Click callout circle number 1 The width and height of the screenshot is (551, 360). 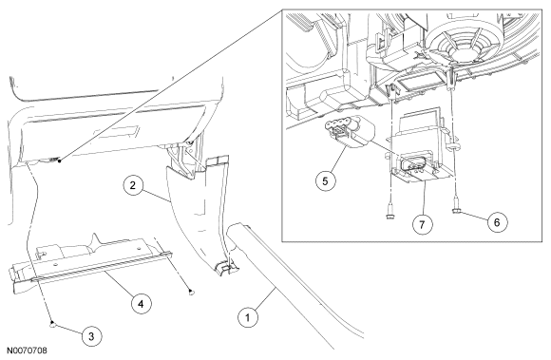point(247,317)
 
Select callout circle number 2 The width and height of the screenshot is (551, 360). point(132,185)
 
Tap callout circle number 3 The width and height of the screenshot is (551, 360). point(91,336)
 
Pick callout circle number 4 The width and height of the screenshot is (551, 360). point(141,303)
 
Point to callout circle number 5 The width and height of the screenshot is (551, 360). point(325,181)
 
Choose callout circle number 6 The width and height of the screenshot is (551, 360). point(497,222)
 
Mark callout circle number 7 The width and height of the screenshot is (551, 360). point(422,224)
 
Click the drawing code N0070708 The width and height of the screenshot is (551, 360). point(27,351)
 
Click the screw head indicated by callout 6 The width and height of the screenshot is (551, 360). point(456,211)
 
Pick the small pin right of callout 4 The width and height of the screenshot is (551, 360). point(191,292)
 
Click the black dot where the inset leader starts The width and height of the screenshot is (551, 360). point(60,161)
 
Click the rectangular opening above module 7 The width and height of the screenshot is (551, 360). point(420,85)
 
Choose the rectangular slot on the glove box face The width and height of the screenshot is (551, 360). point(115,132)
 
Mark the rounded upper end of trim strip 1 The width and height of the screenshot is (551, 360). point(239,229)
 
